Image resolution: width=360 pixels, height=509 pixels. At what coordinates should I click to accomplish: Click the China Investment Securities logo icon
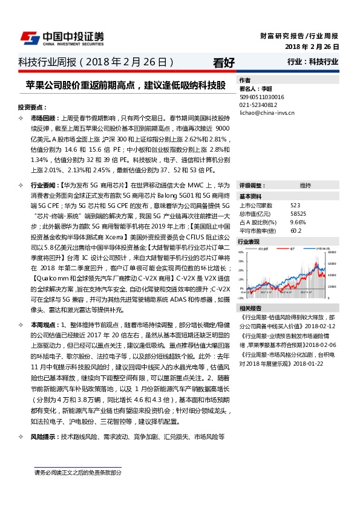click(x=30, y=37)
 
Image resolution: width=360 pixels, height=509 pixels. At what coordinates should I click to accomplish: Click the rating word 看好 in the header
click(x=224, y=62)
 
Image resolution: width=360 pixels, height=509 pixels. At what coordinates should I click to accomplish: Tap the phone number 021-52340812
click(x=259, y=104)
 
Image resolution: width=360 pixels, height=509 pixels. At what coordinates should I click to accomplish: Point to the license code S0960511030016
click(x=262, y=96)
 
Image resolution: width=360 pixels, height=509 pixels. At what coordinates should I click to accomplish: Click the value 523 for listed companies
click(x=295, y=206)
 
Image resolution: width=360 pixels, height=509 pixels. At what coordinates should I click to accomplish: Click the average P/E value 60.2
click(x=296, y=230)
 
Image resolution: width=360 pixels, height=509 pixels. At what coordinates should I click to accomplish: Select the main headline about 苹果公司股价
click(x=126, y=85)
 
